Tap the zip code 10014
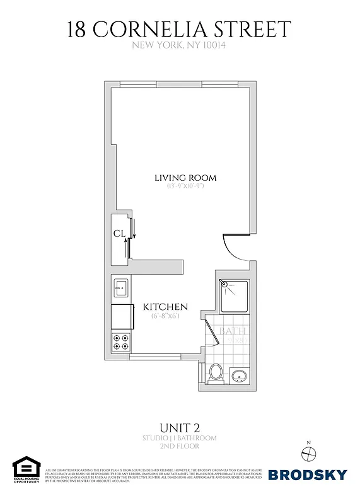[214, 45]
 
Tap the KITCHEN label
[165, 307]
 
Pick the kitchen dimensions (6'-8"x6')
[165, 316]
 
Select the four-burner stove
[120, 342]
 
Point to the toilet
[215, 373]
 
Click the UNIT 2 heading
[180, 427]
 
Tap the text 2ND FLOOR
[180, 446]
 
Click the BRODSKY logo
[308, 474]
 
